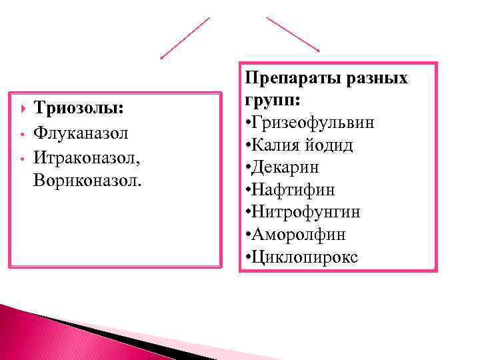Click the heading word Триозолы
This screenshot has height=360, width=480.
coord(79,109)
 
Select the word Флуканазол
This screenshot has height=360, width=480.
coord(81,133)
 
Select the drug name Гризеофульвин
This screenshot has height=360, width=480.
coord(313,123)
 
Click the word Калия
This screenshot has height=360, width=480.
coord(275,145)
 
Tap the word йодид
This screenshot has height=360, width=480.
coord(327,145)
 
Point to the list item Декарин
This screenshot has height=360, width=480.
coord(286,167)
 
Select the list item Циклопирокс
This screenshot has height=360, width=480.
coord(305,257)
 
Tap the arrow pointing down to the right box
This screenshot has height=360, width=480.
coord(293,34)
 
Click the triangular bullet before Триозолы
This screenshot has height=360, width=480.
coord(24,109)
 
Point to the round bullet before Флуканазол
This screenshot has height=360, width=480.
coord(23,134)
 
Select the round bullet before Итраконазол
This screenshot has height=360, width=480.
coord(23,158)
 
